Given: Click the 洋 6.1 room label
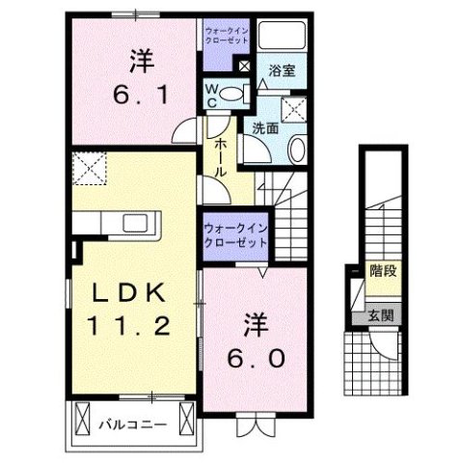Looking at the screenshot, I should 135,76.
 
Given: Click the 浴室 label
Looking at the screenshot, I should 281,70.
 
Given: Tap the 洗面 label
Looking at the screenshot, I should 265,126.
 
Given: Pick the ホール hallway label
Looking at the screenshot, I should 218,153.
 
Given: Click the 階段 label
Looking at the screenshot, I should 384,273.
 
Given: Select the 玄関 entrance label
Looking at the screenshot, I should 384,315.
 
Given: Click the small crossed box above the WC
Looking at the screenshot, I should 242,67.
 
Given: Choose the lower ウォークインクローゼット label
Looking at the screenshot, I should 235,234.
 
